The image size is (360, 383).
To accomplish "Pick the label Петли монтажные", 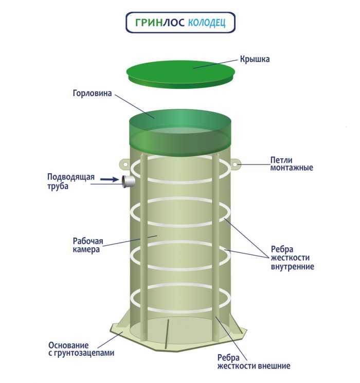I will click(x=292, y=163).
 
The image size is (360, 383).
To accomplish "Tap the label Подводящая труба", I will click(x=71, y=181).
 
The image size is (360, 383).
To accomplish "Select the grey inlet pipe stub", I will click(x=128, y=181).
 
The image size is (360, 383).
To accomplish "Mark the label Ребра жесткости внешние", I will click(x=254, y=361).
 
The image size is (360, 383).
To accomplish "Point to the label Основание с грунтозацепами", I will click(x=81, y=349).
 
